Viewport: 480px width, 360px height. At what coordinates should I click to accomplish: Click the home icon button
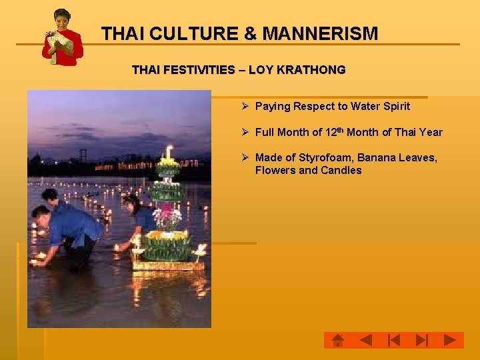pos(338,341)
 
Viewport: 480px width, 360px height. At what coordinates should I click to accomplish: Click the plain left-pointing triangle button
pos(365,341)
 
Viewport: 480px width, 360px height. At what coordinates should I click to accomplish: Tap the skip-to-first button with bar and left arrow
pos(393,341)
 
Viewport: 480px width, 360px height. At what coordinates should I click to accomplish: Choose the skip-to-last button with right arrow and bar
pos(421,341)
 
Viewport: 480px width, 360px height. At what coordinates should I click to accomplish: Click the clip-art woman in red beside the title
pos(62,37)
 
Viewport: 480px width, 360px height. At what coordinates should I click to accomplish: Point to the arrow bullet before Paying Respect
pos(245,106)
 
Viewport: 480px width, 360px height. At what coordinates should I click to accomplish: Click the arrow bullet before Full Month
pos(245,132)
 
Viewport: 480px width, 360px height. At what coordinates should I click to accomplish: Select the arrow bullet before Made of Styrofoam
pos(245,157)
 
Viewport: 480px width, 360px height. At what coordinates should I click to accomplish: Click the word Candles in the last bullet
pos(341,170)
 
